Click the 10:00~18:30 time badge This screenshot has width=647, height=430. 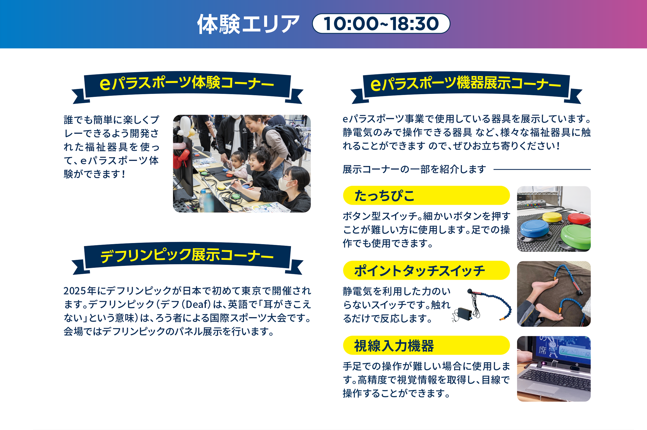point(381,24)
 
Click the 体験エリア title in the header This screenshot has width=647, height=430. point(248,24)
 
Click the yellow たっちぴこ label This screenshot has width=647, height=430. point(426,195)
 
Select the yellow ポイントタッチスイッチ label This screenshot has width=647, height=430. point(426,270)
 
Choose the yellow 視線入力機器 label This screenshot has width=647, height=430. point(426,345)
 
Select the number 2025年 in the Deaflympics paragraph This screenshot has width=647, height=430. point(80,291)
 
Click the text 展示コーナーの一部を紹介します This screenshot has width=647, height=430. point(414,169)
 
